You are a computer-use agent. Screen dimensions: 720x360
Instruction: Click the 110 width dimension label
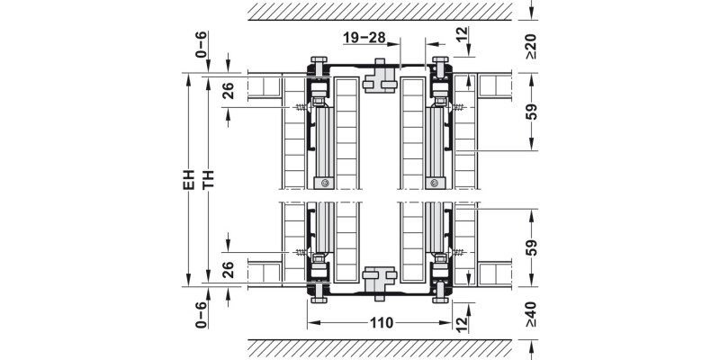382,323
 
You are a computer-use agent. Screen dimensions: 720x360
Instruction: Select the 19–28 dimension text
364,38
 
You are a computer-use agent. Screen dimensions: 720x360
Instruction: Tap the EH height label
189,179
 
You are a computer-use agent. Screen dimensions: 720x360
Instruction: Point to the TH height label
209,179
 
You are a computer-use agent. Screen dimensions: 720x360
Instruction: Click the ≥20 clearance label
531,46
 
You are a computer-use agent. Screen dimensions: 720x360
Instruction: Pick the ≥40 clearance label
531,314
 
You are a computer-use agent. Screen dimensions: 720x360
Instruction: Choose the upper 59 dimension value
531,112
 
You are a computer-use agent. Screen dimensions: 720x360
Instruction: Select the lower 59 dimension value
531,247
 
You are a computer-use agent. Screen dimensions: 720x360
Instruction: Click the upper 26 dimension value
229,91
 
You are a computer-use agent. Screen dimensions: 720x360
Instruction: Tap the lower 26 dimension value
229,269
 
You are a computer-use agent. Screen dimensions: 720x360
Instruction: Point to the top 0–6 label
201,44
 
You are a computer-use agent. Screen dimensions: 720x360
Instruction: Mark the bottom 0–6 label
201,315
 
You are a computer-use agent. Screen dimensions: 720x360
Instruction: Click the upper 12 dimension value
463,34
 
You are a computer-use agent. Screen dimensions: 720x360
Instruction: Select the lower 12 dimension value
463,325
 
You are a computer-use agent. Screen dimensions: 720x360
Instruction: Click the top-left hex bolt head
319,59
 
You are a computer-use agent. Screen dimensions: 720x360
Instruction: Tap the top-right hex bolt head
440,59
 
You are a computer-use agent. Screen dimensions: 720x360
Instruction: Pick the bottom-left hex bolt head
319,300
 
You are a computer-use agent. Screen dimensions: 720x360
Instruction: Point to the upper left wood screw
300,107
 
